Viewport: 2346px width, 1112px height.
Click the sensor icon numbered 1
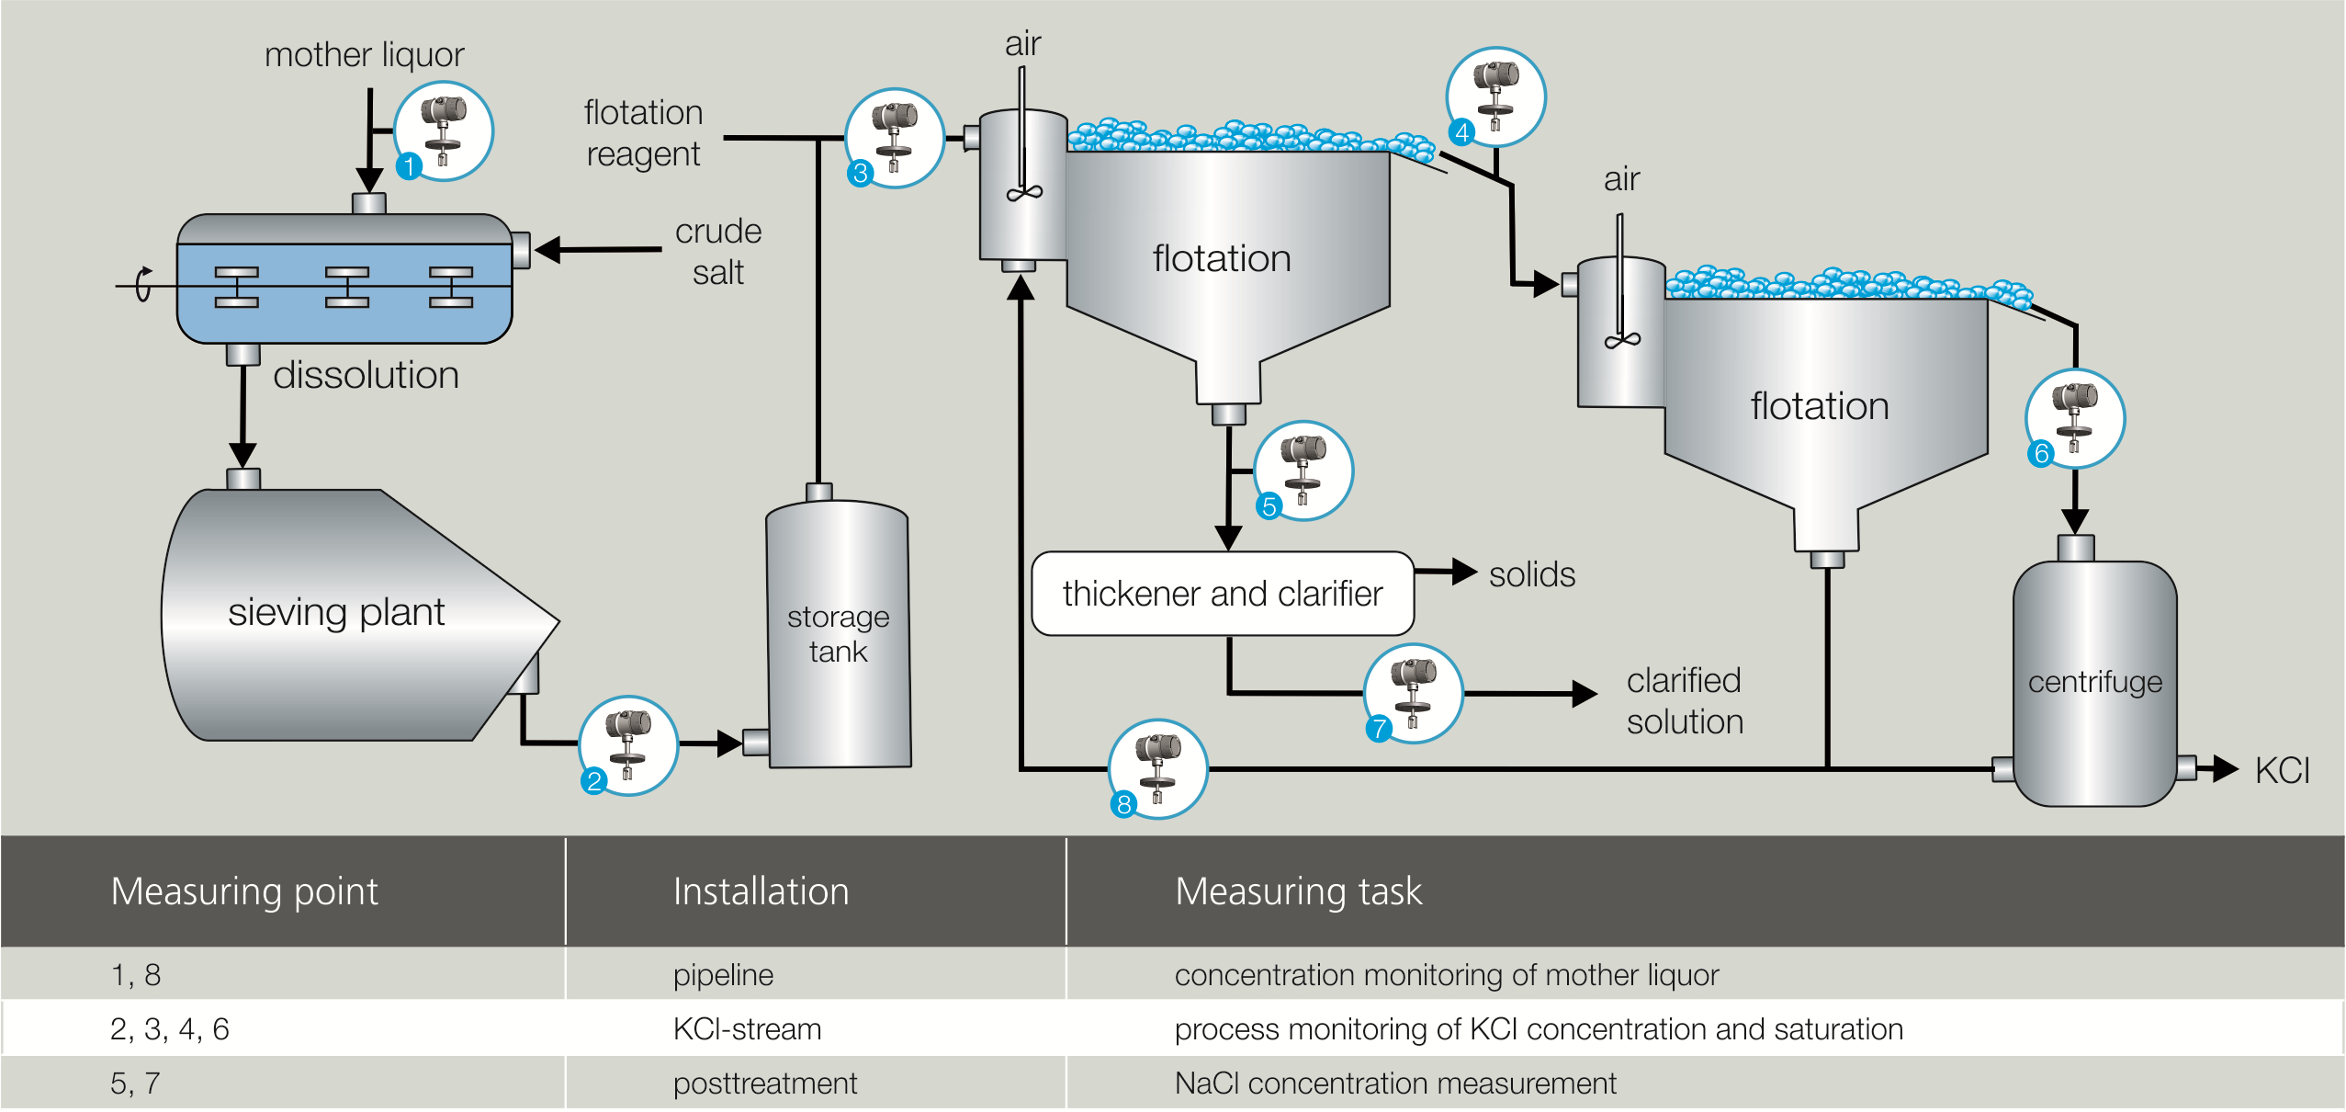click(x=444, y=131)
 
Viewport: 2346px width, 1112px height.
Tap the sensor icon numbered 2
click(x=628, y=745)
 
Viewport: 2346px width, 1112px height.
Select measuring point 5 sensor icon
click(x=1303, y=471)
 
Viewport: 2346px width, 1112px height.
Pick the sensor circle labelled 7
click(x=1414, y=693)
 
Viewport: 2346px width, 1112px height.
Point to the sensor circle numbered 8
click(x=1158, y=769)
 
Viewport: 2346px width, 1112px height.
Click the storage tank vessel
click(x=838, y=634)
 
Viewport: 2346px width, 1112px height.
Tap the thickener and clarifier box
click(x=1222, y=594)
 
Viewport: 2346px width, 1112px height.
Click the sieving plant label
click(x=336, y=612)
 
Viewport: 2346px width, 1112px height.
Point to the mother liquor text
click(x=364, y=55)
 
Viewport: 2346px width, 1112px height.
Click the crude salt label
click(x=718, y=251)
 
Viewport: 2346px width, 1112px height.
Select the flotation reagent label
click(x=643, y=133)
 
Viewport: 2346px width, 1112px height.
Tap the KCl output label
click(x=2282, y=770)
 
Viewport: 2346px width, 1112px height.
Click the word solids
click(x=1531, y=574)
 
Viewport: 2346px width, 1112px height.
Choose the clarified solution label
click(x=1685, y=700)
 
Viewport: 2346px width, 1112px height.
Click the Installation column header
click(x=761, y=891)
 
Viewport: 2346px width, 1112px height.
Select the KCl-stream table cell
click(x=747, y=1028)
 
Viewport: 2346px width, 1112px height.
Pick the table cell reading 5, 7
click(x=135, y=1083)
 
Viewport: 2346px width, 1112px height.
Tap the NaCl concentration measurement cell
click(x=1394, y=1083)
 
